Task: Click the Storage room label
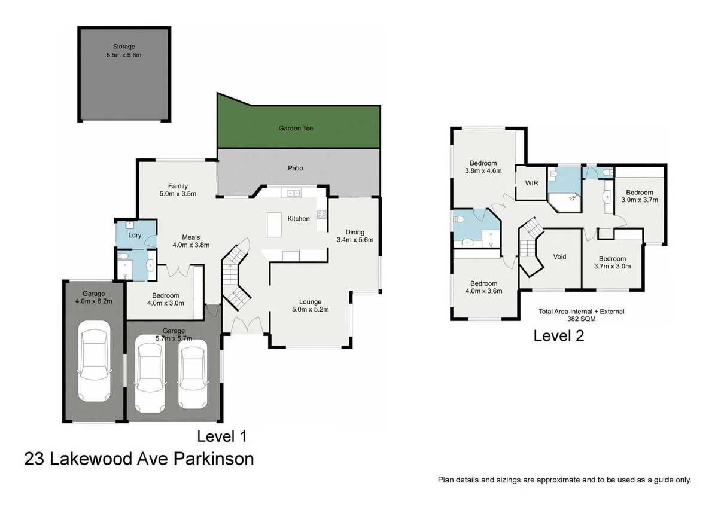click(124, 47)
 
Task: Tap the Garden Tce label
click(296, 128)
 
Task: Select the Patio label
click(296, 168)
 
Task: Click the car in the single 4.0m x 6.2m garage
click(95, 362)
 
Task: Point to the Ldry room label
click(135, 236)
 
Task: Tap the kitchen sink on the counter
click(293, 193)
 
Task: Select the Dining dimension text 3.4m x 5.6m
click(355, 240)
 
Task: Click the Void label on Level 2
click(559, 257)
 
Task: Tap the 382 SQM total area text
click(581, 319)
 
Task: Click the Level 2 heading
click(558, 336)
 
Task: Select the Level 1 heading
click(222, 436)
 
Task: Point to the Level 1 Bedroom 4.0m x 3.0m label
click(165, 295)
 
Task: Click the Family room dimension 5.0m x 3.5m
click(178, 194)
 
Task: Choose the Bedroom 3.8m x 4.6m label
click(483, 163)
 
